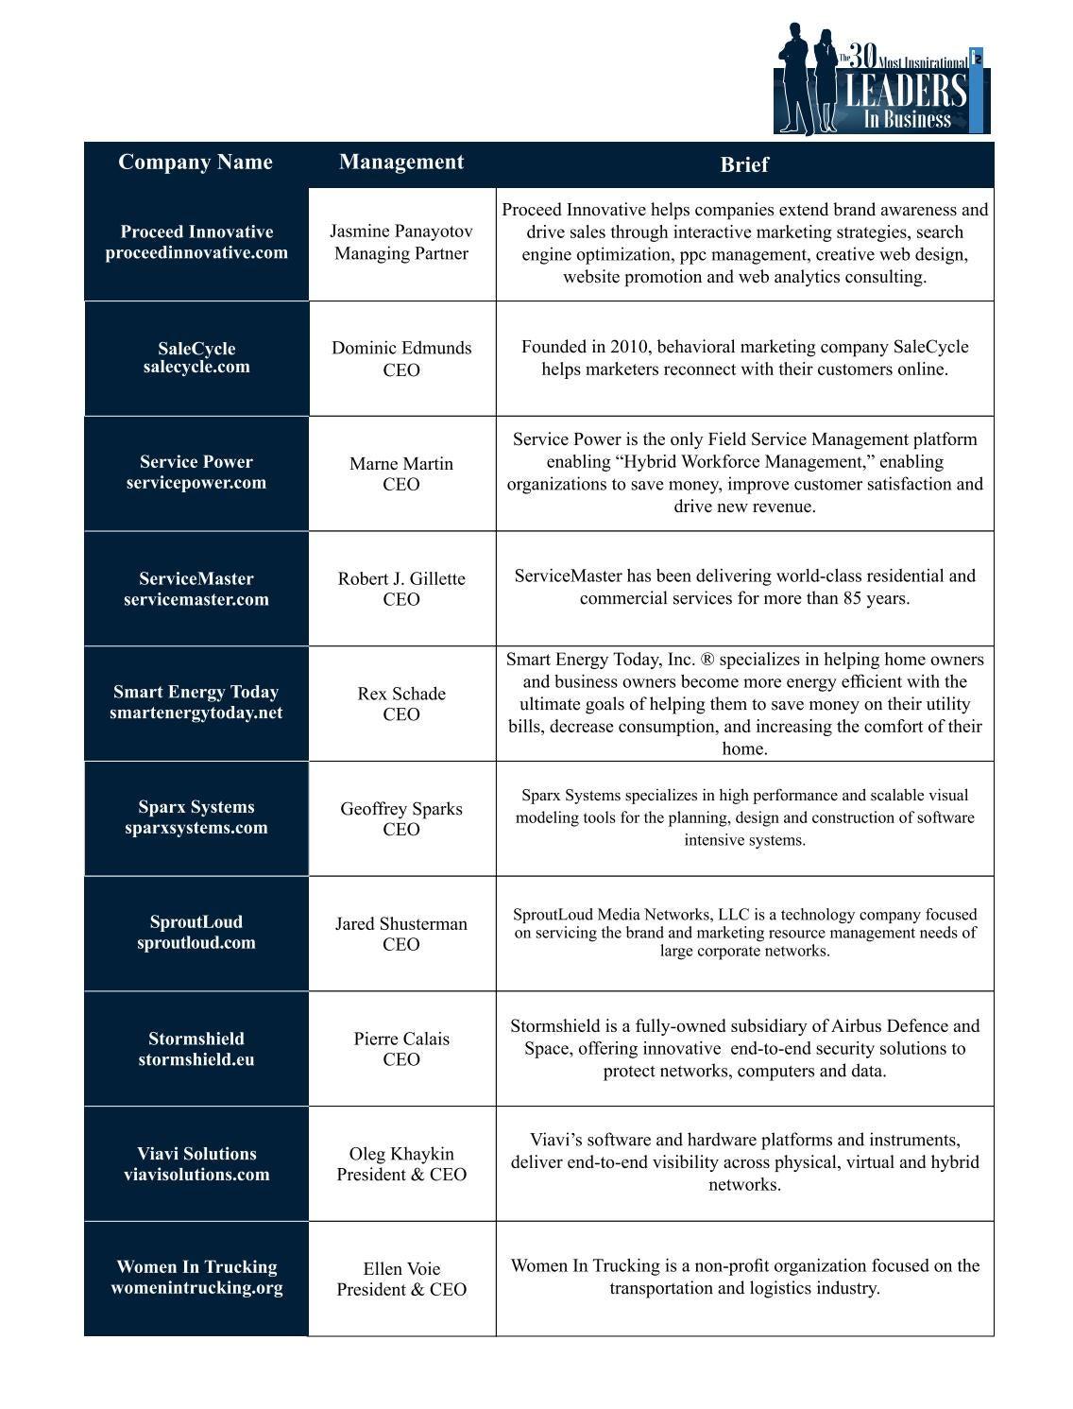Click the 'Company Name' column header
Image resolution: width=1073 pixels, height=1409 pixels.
click(196, 163)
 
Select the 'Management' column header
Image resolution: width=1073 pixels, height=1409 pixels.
click(401, 163)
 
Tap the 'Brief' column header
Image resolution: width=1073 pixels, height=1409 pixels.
click(743, 164)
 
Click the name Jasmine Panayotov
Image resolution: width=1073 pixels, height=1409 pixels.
click(401, 232)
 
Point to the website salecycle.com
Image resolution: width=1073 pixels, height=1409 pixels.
click(196, 368)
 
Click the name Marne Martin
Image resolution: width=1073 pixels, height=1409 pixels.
click(401, 464)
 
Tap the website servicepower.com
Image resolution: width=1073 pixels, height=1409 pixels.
click(196, 483)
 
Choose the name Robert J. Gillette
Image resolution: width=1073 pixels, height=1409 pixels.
click(401, 578)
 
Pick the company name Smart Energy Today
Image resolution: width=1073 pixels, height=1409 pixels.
click(196, 692)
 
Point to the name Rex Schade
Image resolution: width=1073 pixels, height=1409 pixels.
click(401, 694)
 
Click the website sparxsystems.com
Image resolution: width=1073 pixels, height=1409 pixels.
click(196, 828)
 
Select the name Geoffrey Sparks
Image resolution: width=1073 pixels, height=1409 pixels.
click(401, 809)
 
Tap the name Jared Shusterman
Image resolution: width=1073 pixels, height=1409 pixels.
click(401, 923)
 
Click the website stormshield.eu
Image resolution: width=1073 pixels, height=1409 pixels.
click(196, 1059)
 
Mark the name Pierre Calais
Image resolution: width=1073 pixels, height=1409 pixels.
click(401, 1039)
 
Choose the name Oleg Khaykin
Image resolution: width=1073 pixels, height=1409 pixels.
click(401, 1154)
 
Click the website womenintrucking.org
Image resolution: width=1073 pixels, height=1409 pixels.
click(196, 1288)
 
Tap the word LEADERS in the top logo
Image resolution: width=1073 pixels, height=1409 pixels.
click(905, 92)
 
